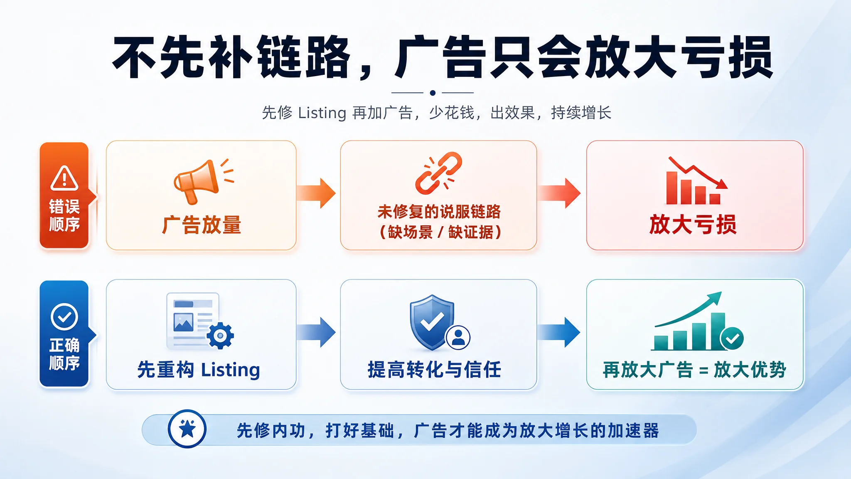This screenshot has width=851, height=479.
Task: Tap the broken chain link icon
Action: [438, 173]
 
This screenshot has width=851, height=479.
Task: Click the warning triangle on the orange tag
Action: [64, 178]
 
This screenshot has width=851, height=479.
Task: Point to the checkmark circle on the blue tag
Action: [64, 317]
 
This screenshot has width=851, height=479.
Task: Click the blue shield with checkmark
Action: [432, 322]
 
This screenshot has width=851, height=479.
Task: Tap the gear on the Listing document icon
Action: [220, 335]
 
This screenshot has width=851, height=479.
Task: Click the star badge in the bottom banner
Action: [187, 429]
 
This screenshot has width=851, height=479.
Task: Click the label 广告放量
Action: [202, 225]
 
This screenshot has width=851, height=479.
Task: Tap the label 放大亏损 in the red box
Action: [693, 225]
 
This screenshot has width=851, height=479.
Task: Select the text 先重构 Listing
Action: [199, 370]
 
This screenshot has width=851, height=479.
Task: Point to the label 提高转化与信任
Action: [434, 370]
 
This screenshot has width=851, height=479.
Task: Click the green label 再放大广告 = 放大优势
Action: [694, 370]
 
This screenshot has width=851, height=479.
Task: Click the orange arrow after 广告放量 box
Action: [316, 193]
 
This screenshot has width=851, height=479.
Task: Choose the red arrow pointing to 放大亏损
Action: [559, 193]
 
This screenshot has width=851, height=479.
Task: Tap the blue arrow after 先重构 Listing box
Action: [316, 332]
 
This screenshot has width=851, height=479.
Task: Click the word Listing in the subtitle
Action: [322, 113]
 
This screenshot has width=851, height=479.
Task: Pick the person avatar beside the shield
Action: [458, 337]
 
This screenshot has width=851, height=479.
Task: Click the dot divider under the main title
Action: [433, 93]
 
